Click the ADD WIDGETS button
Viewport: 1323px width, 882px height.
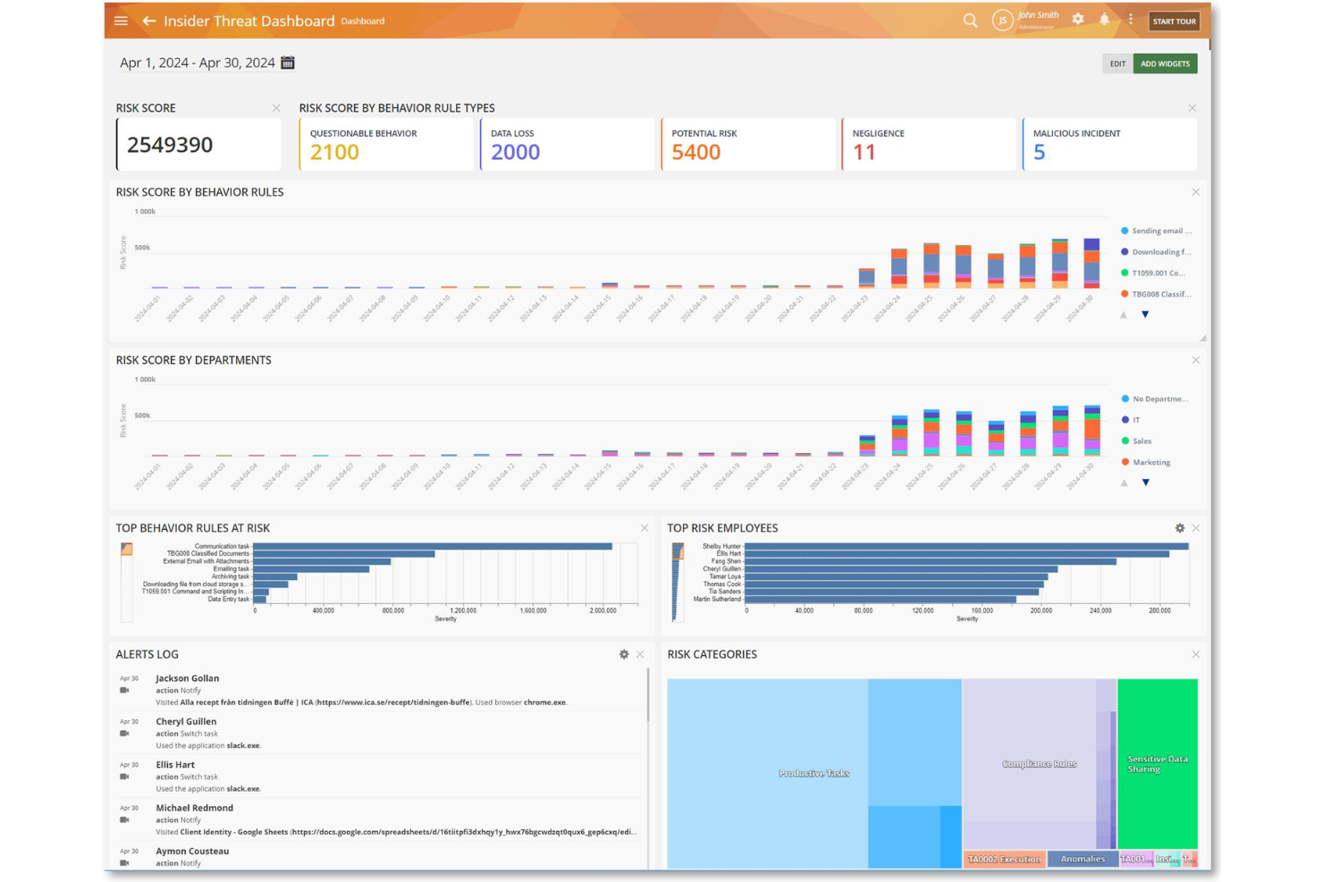[x=1165, y=64]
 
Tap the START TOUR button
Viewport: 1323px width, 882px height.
[x=1173, y=21]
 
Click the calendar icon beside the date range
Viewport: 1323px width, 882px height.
[x=288, y=63]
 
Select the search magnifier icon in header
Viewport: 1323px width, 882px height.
[x=970, y=21]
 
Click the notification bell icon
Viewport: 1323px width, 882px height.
[x=1104, y=20]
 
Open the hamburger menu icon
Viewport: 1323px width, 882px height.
[x=121, y=21]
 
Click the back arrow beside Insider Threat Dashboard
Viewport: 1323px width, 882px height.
[x=149, y=21]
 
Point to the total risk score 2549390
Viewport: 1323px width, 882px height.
[x=170, y=145]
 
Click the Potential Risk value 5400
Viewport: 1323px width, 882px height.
[x=695, y=153]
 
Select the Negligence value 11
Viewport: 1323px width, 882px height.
[x=864, y=153]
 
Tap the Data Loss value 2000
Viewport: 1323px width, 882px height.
[x=515, y=153]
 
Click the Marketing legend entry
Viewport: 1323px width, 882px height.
[x=1150, y=462]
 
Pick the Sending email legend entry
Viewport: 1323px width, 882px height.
[x=1160, y=231]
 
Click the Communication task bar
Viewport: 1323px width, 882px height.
[x=433, y=546]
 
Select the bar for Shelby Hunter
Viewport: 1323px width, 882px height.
[x=965, y=546]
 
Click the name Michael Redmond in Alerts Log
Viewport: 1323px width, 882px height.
[x=194, y=808]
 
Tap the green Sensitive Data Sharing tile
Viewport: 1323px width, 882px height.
[x=1157, y=763]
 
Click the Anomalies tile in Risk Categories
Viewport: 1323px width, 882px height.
[x=1082, y=859]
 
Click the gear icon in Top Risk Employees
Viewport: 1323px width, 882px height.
[x=1179, y=528]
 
